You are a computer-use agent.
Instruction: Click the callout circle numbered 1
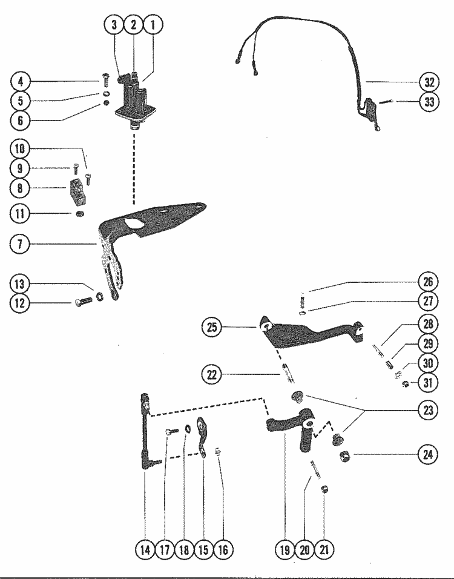153,25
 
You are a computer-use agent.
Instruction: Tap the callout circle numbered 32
429,82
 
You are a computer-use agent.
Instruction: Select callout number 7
20,244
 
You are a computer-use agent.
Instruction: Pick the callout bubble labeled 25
212,327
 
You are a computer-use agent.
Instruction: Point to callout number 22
212,375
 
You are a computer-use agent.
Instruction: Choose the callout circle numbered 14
145,550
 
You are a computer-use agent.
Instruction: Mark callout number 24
428,454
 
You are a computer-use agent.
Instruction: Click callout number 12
20,303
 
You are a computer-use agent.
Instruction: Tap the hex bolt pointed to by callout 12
84,302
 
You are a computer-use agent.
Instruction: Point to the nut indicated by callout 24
345,457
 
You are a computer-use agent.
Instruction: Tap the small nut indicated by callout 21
324,490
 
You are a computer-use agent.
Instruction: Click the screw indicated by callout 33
384,102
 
